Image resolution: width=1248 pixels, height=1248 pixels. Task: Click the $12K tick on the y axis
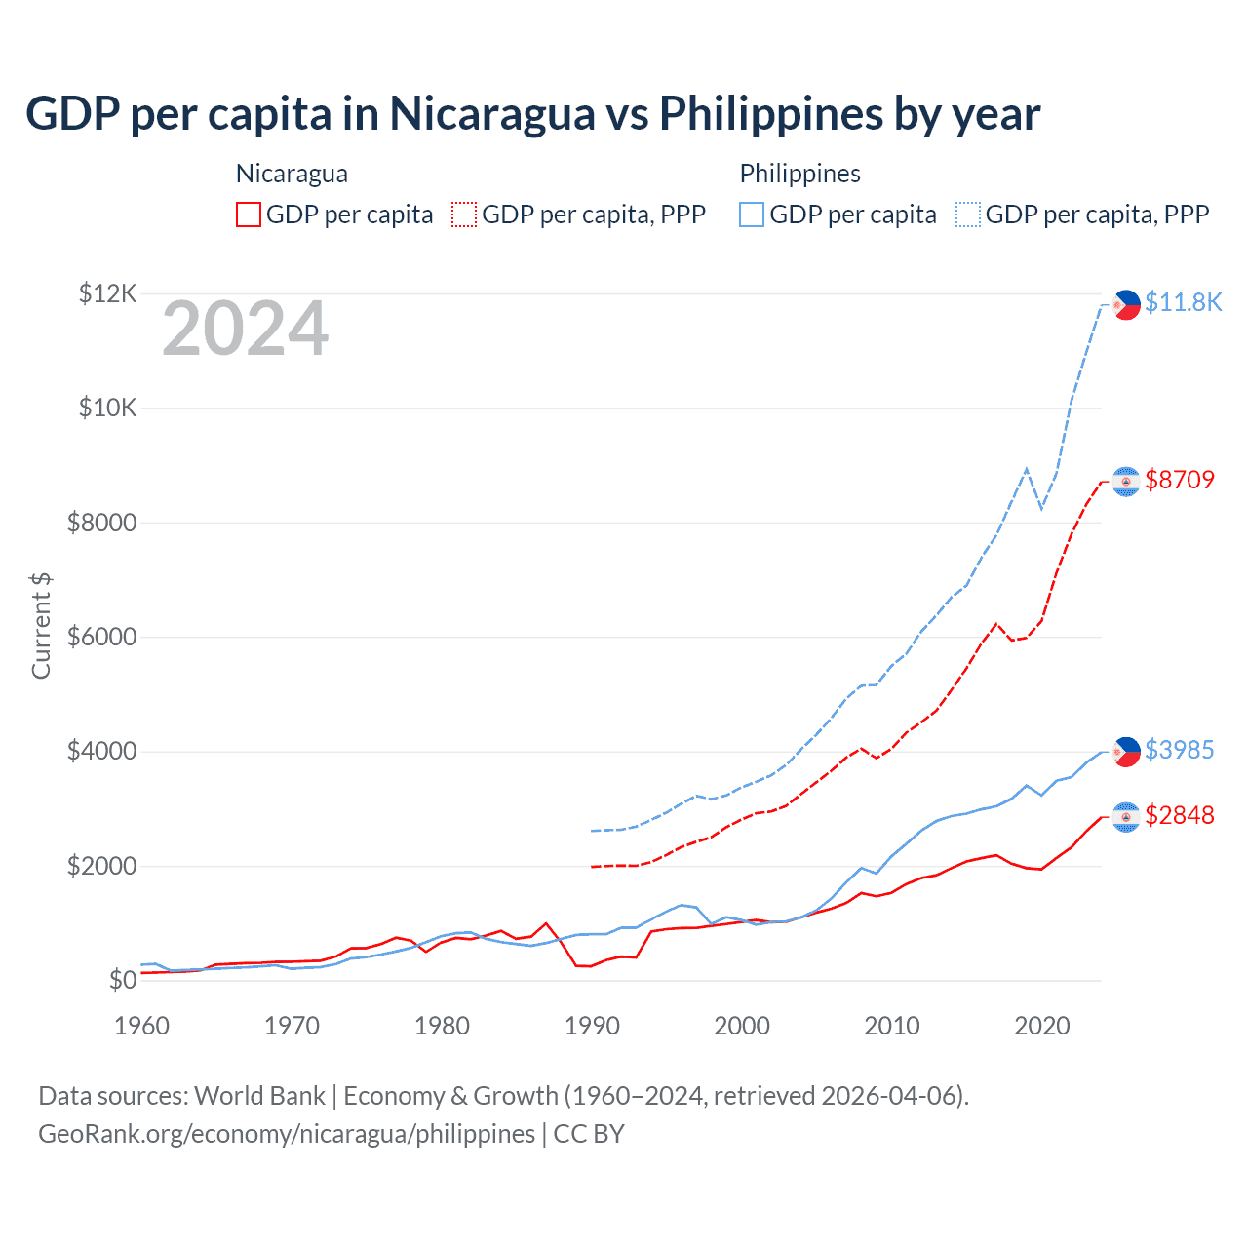pyautogui.click(x=107, y=293)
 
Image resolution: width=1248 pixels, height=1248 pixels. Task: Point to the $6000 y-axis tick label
pyautogui.click(x=101, y=638)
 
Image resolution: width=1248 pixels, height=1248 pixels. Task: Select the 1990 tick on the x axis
pyautogui.click(x=592, y=1026)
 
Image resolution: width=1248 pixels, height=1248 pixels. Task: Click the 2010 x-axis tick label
pyautogui.click(x=892, y=1026)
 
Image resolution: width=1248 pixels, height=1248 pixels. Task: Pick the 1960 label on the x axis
pyautogui.click(x=142, y=1026)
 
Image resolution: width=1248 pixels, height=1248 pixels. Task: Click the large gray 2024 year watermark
pyautogui.click(x=245, y=330)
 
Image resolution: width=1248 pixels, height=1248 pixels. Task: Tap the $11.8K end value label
pyautogui.click(x=1183, y=302)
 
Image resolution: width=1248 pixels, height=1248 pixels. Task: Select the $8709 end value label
pyautogui.click(x=1180, y=480)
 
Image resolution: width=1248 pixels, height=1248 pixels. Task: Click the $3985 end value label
pyautogui.click(x=1180, y=750)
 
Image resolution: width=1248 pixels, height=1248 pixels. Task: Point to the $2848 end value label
pyautogui.click(x=1180, y=815)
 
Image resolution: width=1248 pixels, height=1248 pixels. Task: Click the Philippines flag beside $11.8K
pyautogui.click(x=1126, y=305)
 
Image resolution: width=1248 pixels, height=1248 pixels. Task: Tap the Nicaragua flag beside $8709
pyautogui.click(x=1126, y=482)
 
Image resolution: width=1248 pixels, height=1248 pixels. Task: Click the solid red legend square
pyautogui.click(x=249, y=214)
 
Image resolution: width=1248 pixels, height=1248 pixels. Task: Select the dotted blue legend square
pyautogui.click(x=968, y=214)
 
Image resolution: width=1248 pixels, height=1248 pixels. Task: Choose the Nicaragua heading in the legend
pyautogui.click(x=292, y=174)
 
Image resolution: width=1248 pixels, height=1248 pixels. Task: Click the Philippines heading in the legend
pyautogui.click(x=799, y=174)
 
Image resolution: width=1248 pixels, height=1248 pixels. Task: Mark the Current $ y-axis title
pyautogui.click(x=41, y=626)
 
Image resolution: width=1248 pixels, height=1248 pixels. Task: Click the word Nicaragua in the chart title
pyautogui.click(x=492, y=113)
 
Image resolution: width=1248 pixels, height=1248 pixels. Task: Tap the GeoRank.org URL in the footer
pyautogui.click(x=287, y=1134)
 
